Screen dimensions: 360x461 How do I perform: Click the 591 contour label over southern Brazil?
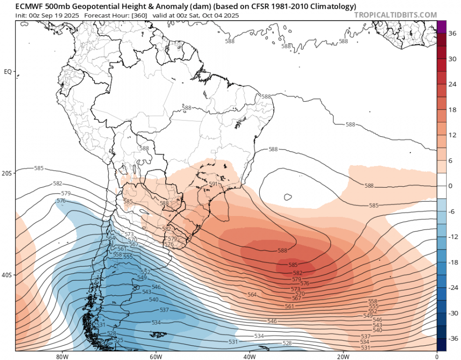coord(214,184)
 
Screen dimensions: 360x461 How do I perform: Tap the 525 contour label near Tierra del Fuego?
coord(118,340)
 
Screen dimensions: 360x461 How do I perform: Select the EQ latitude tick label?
coord(8,72)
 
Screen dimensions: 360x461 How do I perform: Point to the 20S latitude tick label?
coord(7,173)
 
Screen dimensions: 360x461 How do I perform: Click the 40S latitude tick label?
coord(7,275)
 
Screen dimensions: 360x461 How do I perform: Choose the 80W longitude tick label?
coord(61,357)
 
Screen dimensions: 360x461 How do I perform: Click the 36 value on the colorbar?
coord(452,34)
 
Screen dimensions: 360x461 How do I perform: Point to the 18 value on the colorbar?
coord(452,110)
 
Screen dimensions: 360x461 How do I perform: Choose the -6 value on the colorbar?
coord(452,211)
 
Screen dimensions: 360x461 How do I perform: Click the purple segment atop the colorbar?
coord(442,27)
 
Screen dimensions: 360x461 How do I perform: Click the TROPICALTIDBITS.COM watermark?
coord(396,15)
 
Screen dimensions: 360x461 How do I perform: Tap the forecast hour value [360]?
coord(134,15)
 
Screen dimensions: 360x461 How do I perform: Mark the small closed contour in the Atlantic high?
coord(288,197)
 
